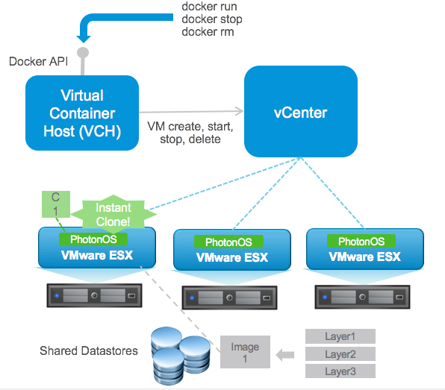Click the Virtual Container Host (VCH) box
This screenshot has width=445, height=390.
(x=81, y=115)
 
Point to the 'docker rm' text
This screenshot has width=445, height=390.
(x=208, y=31)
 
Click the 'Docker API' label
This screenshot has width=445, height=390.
(x=37, y=61)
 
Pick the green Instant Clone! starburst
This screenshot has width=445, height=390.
(x=113, y=214)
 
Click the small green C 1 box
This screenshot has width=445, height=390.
(x=55, y=203)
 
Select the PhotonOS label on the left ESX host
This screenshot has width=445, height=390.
(x=93, y=239)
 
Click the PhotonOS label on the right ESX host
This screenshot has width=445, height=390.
(x=361, y=241)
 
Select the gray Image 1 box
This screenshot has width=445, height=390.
(x=245, y=353)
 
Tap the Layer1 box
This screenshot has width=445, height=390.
(x=340, y=336)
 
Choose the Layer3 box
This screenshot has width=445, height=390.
(x=340, y=371)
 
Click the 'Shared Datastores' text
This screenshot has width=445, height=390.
(x=89, y=350)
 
